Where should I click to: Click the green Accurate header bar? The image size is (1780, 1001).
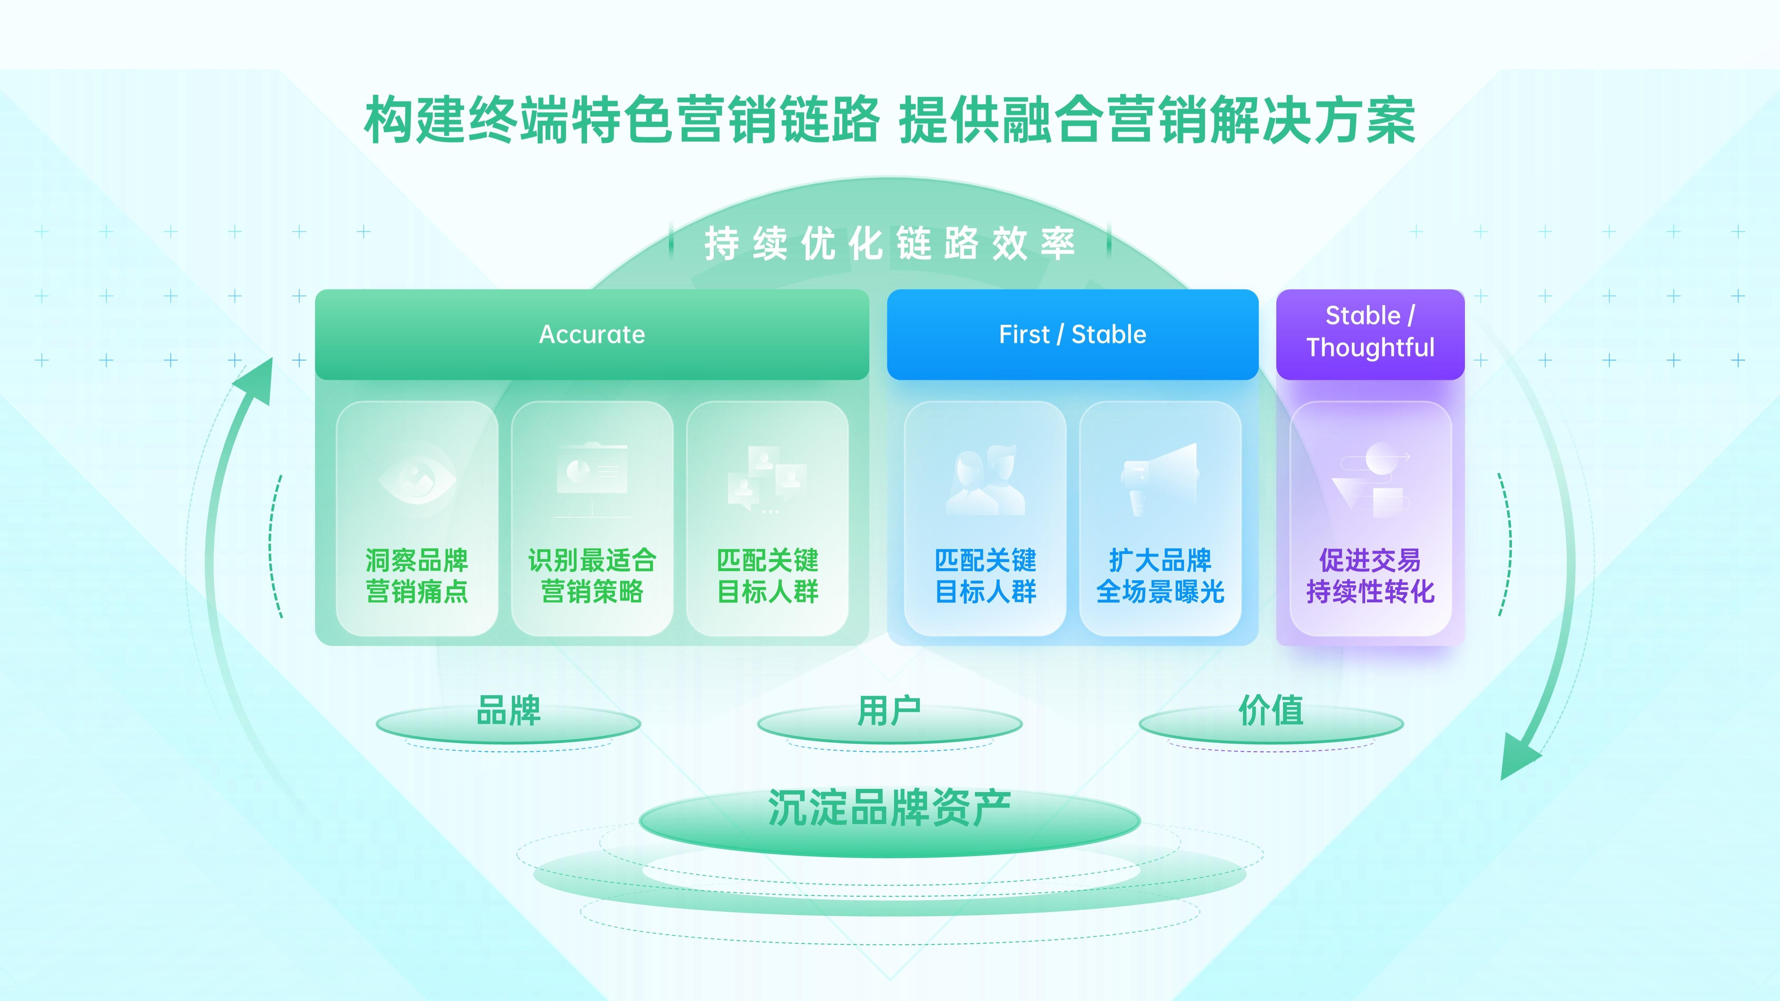point(591,334)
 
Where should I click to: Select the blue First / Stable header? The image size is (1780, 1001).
point(1072,334)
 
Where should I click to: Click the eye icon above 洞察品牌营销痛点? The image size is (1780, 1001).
point(417,478)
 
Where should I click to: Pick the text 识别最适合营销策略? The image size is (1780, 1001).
point(592,576)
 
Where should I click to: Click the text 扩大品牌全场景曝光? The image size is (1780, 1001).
point(1160,576)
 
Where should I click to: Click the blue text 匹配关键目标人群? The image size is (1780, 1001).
point(985,576)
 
